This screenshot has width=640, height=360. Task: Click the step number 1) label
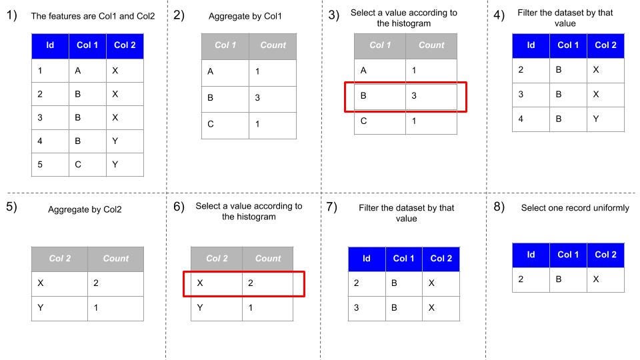11,15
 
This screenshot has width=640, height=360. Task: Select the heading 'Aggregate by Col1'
245,16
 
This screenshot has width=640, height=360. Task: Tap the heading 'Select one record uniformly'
575,208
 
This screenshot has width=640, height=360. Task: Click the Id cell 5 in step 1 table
40,165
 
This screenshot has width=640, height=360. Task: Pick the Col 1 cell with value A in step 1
77,71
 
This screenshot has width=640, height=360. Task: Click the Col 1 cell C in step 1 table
78,165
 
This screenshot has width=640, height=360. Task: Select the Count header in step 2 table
273,45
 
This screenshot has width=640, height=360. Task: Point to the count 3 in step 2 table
257,97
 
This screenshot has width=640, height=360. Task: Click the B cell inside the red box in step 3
363,95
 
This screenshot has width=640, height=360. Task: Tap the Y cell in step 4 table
596,119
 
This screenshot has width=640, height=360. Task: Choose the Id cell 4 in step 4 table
521,119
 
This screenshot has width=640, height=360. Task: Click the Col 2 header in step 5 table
60,259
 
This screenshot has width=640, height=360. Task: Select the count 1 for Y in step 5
96,308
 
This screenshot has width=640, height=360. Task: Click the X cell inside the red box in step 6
200,283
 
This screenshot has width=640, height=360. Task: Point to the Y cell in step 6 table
200,308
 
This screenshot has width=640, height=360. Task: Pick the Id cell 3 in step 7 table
356,308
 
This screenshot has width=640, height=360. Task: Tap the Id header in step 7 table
367,259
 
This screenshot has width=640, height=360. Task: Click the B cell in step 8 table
559,279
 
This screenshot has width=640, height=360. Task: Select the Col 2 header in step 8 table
605,254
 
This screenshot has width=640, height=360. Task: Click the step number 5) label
11,207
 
